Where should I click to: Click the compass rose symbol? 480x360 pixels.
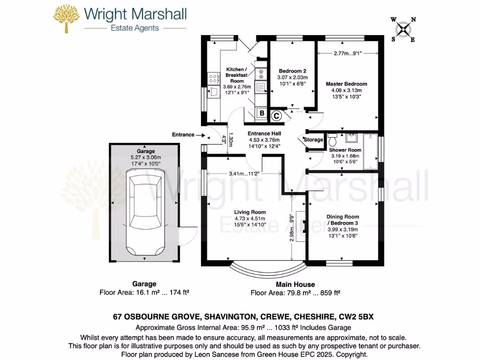403,30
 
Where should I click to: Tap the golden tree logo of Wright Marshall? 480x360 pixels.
67,18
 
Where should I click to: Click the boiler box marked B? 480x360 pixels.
262,113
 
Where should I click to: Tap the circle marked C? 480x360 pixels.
276,115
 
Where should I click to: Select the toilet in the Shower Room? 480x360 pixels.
333,139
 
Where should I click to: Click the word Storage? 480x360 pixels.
313,140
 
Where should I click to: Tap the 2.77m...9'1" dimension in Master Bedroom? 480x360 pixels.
348,53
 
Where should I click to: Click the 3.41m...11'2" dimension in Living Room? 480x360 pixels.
243,173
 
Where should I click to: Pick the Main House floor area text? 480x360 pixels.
295,293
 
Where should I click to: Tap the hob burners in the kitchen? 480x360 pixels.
213,78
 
